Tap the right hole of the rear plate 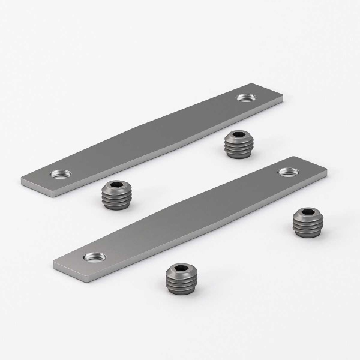click(245, 97)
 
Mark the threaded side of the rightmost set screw click(308, 227)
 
